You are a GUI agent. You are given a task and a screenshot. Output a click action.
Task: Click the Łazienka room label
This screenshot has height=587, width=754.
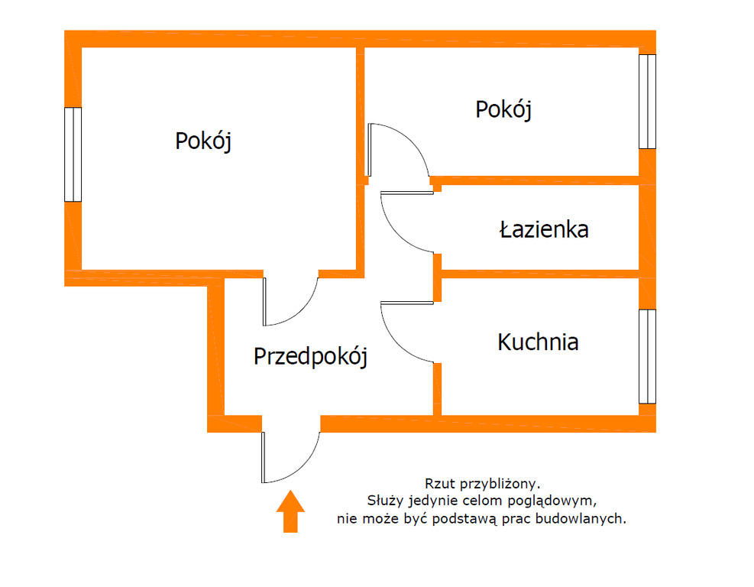tap(544, 229)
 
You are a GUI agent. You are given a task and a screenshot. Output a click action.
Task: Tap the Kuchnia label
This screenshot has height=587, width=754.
tap(538, 342)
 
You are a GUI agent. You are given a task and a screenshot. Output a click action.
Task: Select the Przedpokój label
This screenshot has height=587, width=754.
tap(310, 356)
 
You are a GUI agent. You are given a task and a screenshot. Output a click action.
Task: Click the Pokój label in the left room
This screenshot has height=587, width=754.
tap(203, 141)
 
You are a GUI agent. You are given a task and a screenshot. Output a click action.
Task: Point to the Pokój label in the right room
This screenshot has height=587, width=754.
tap(503, 110)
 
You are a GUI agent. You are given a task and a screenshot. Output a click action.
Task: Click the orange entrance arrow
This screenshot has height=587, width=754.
tap(290, 511)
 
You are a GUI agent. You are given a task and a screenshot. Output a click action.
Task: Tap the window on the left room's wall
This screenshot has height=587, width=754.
tap(73, 154)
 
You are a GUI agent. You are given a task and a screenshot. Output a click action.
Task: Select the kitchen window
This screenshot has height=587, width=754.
tap(647, 356)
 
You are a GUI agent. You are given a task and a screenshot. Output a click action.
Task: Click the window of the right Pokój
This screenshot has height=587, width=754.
tap(647, 102)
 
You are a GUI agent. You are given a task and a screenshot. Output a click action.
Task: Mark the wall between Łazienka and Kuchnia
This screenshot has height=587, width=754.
tap(540, 274)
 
